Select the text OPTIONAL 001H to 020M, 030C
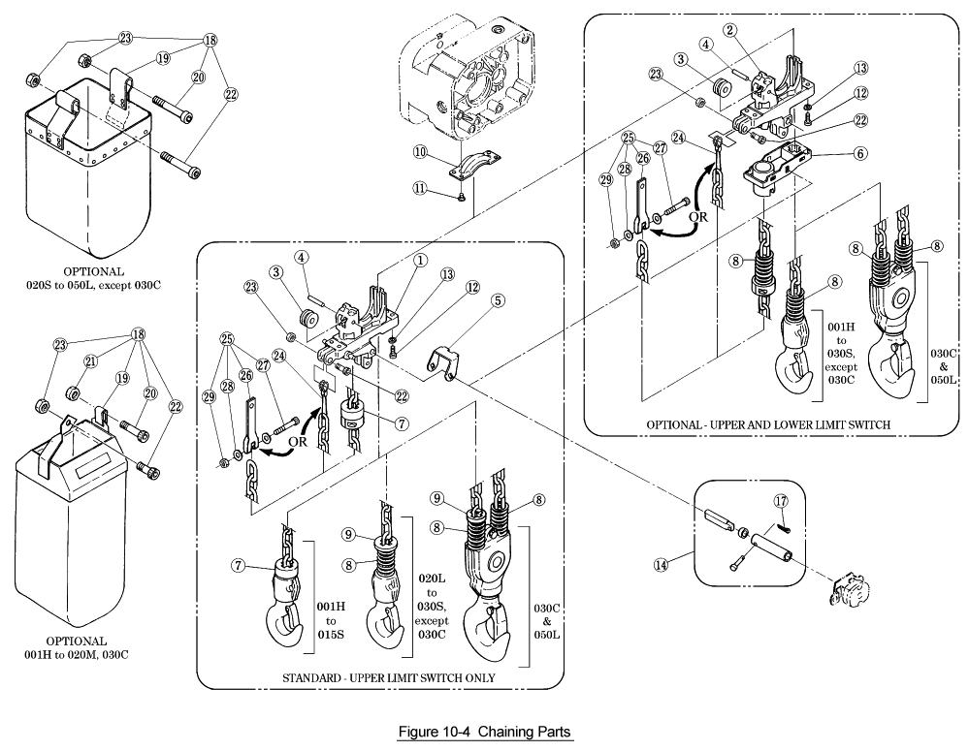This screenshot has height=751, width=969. [77, 647]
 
